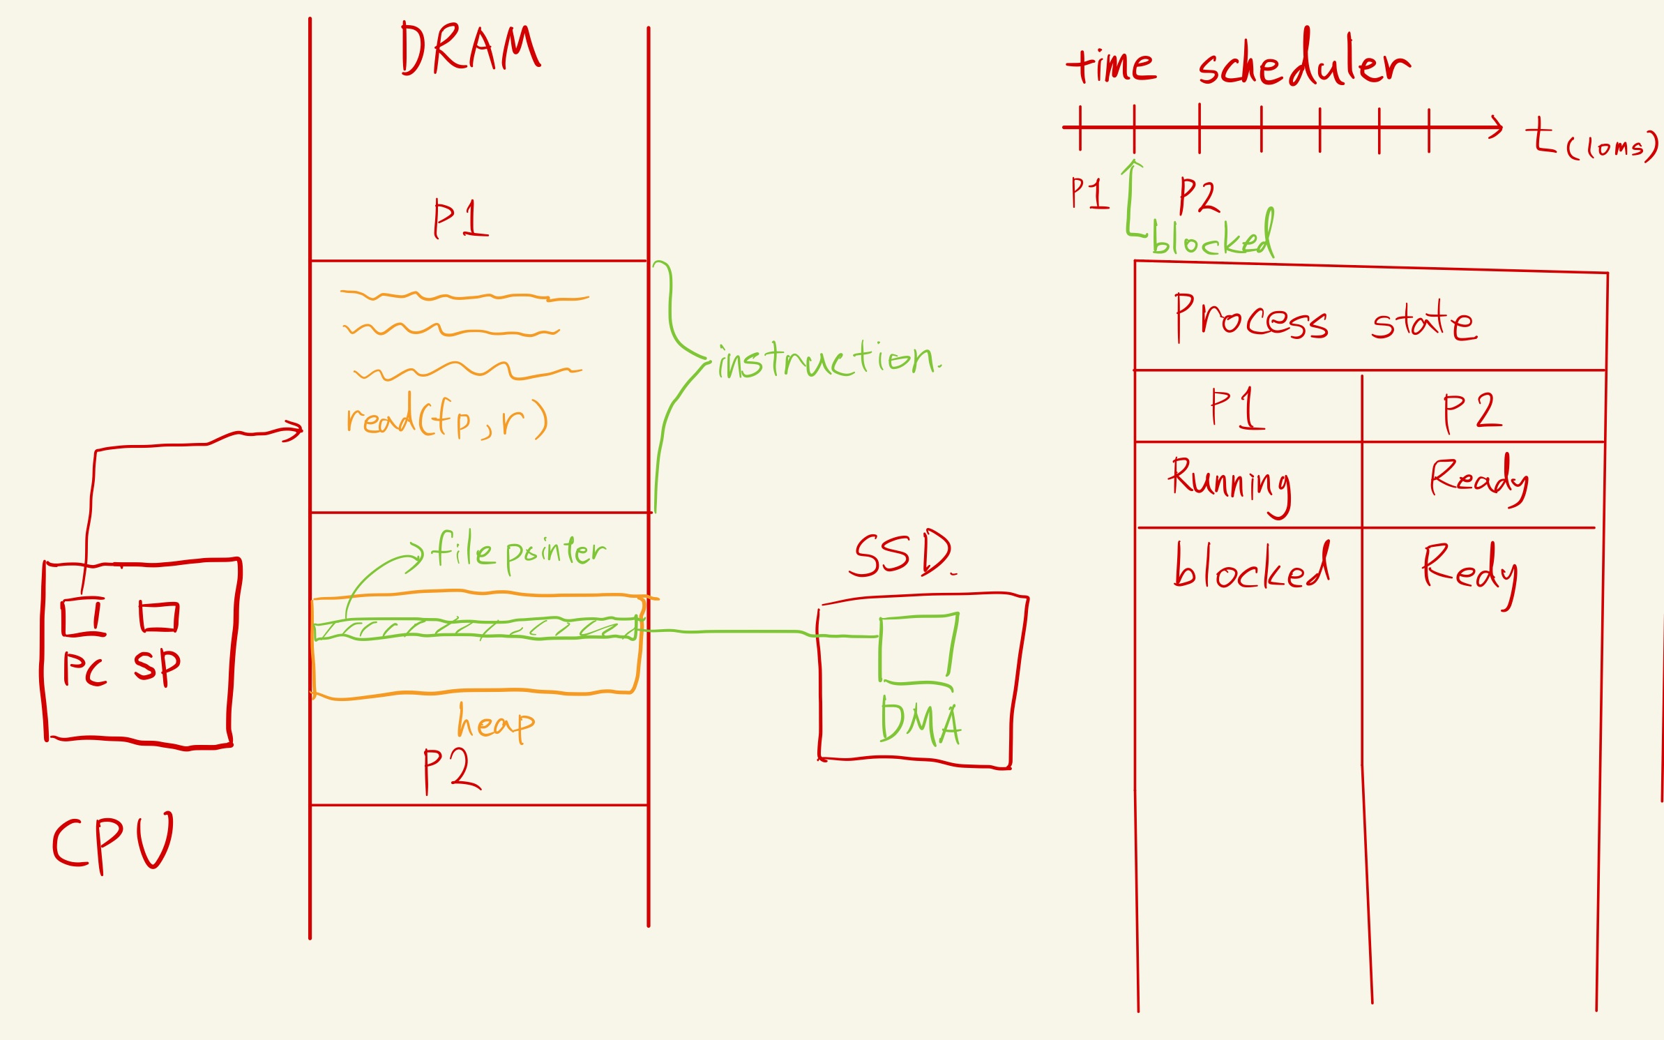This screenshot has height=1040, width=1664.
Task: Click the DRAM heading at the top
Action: (x=470, y=49)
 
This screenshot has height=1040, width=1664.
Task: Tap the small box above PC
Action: (x=84, y=617)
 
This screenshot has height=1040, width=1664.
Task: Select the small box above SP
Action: (x=159, y=617)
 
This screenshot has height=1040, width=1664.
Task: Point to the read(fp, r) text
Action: (x=446, y=419)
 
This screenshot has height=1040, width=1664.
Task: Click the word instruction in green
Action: (x=829, y=361)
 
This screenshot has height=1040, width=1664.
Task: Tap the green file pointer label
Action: (x=518, y=551)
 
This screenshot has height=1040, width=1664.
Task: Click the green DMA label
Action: (x=921, y=723)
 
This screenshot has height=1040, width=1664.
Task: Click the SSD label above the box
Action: (x=901, y=555)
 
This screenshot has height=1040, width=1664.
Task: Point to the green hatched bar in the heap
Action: (x=476, y=629)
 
